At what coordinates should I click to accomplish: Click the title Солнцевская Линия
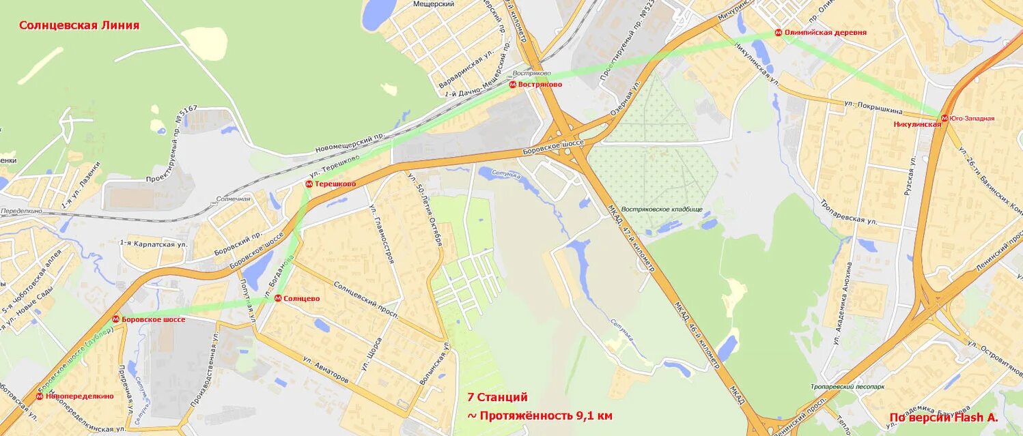pos(79,25)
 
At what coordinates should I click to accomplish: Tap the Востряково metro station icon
pos(513,84)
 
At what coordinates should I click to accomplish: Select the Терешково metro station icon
pos(309,184)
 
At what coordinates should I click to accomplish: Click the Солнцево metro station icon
pos(278,298)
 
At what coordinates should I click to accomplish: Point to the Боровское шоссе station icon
pos(116,319)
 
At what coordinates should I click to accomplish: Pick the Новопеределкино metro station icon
pos(40,396)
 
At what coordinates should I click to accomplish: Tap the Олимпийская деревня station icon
pos(778,33)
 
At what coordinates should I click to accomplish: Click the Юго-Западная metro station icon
pos(945,118)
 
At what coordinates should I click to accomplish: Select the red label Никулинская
pos(917,124)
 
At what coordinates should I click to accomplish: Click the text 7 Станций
pos(497,397)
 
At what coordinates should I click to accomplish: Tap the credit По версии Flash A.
pos(944,418)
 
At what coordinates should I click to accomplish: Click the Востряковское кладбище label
pos(662,209)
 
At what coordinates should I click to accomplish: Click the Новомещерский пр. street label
pos(347,143)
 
